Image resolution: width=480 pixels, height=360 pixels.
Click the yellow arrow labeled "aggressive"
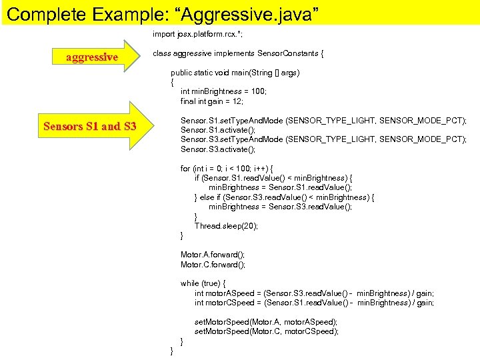pyautogui.click(x=93, y=57)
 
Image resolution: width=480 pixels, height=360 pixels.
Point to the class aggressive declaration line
pyautogui.click(x=238, y=53)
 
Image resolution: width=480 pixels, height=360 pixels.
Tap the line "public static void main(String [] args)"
pyautogui.click(x=235, y=73)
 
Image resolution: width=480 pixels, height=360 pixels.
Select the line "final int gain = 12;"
pyautogui.click(x=211, y=101)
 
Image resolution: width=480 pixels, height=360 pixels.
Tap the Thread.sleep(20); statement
pyautogui.click(x=226, y=226)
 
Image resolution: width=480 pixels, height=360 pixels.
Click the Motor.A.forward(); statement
pyautogui.click(x=213, y=255)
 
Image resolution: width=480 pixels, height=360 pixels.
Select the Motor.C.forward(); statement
pyautogui.click(x=213, y=265)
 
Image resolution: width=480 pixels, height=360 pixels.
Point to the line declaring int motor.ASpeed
pyautogui.click(x=314, y=293)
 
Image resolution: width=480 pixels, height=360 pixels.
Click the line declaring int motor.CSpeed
pyautogui.click(x=314, y=303)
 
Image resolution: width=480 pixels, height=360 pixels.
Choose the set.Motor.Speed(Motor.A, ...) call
pyautogui.click(x=266, y=322)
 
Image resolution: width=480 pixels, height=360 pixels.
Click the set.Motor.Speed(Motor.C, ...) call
pyautogui.click(x=266, y=331)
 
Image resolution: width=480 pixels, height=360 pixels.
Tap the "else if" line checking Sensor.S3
pyautogui.click(x=284, y=197)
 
